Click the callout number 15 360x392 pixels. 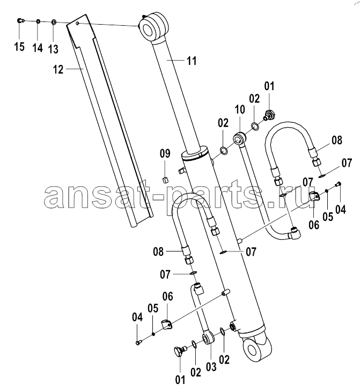pyautogui.click(x=19, y=47)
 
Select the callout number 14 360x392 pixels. pyautogui.click(x=38, y=48)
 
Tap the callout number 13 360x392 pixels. pyautogui.click(x=53, y=49)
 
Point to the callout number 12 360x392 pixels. pyautogui.click(x=58, y=70)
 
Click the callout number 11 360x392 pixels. pyautogui.click(x=192, y=61)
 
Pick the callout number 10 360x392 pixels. pyautogui.click(x=240, y=109)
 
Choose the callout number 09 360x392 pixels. pyautogui.click(x=165, y=153)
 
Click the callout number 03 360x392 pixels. pyautogui.click(x=211, y=367)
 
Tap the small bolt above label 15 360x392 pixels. pyautogui.click(x=20, y=21)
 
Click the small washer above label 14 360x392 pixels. pyautogui.click(x=38, y=21)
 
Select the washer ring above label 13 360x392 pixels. pyautogui.click(x=54, y=23)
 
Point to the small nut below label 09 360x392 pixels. pyautogui.click(x=165, y=180)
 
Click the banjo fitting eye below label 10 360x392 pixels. pyautogui.click(x=239, y=138)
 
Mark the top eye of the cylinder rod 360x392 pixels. pyautogui.click(x=153, y=27)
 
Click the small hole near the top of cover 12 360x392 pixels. pyautogui.click(x=77, y=23)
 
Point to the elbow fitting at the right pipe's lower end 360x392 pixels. pyautogui.click(x=295, y=232)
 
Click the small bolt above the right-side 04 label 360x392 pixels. pyautogui.click(x=337, y=184)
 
